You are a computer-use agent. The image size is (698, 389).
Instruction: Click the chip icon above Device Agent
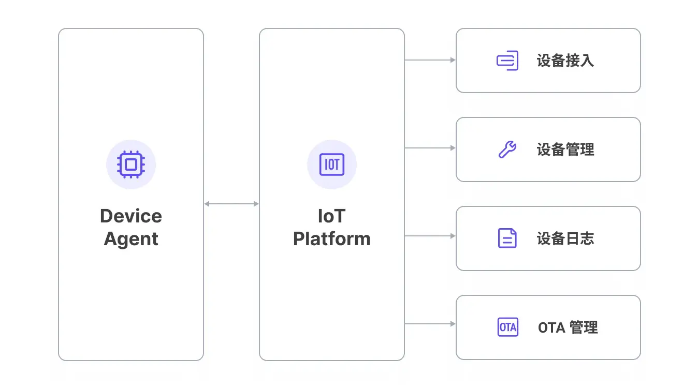point(131,164)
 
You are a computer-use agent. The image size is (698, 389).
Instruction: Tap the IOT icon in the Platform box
point(332,164)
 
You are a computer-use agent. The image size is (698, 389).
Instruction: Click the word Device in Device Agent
point(131,216)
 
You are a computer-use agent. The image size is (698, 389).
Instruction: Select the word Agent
point(131,240)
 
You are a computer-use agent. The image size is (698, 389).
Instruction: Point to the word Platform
point(332,238)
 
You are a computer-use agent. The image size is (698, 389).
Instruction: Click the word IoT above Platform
point(332,216)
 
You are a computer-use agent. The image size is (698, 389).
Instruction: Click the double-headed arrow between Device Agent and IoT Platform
point(231,204)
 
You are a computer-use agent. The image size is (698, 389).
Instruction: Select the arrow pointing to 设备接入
point(430,60)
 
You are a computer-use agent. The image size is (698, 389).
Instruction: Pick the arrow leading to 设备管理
point(430,148)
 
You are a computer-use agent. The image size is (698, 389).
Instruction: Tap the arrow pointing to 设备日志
point(430,236)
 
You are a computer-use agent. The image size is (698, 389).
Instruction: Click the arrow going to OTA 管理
point(430,324)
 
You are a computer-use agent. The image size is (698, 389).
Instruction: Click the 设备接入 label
point(565,61)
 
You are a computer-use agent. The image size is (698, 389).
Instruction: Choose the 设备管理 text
point(565,149)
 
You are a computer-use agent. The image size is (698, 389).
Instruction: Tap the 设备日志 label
point(565,238)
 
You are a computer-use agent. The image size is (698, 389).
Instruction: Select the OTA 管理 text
point(568,327)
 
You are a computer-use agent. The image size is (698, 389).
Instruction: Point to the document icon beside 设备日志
point(507,238)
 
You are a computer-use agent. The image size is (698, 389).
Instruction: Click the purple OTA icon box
point(508,327)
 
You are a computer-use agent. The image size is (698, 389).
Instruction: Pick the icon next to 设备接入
point(507,61)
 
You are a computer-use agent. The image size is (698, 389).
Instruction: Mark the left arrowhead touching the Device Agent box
point(207,204)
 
